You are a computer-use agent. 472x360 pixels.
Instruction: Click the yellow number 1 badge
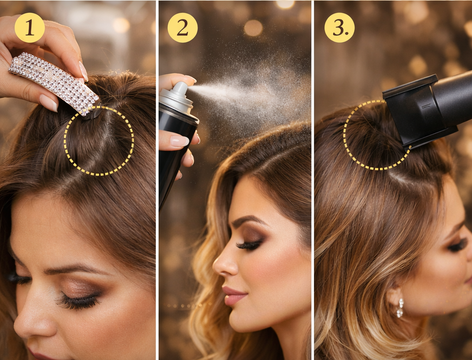29,28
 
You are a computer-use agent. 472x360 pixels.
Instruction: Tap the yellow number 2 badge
183,28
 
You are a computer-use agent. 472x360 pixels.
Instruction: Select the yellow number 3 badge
339,28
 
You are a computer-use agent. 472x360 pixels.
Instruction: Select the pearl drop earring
400,307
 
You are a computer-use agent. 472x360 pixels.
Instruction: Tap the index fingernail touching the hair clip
83,71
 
